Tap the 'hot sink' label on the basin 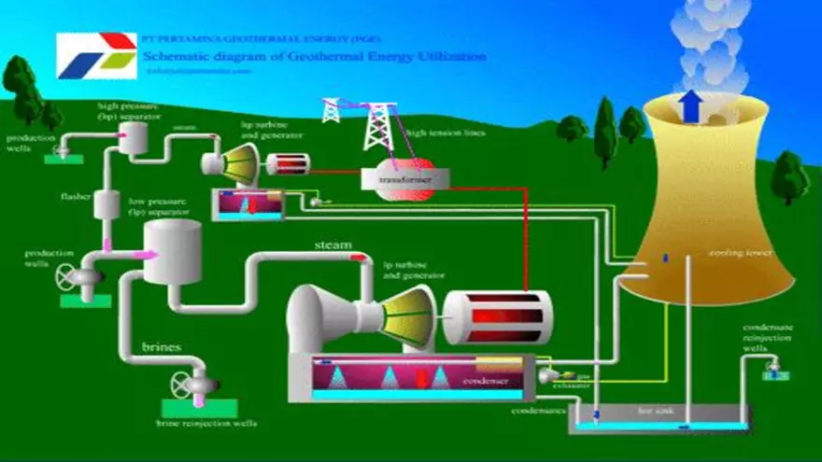pyautogui.click(x=650, y=410)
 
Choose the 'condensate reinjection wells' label pyautogui.click(x=769, y=338)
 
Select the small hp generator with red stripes pyautogui.click(x=288, y=164)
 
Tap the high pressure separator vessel pyautogui.click(x=138, y=136)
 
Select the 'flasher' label pyautogui.click(x=75, y=197)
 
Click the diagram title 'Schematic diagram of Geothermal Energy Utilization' pyautogui.click(x=314, y=56)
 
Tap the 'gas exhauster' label pyautogui.click(x=578, y=378)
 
